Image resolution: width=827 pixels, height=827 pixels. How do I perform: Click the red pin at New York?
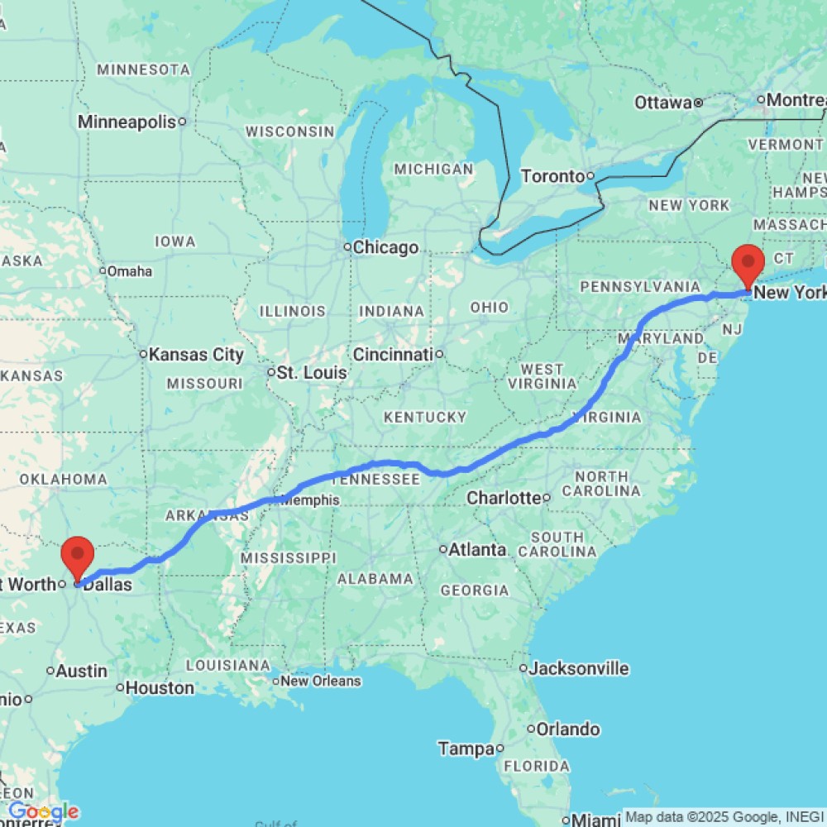pos(748,265)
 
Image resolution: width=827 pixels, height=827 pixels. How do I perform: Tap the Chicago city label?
pos(385,247)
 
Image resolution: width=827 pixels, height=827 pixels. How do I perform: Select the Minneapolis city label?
pos(127,122)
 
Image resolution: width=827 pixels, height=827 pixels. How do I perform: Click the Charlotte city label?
pos(504,498)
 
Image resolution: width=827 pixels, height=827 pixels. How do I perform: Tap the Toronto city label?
pos(552,176)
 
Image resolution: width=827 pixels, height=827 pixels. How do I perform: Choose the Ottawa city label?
pos(663,103)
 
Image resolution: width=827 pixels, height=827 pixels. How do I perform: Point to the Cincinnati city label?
pos(393,355)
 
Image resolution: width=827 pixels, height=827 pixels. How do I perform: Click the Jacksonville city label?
pos(579,668)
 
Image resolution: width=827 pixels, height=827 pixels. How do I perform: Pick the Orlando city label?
pos(567,729)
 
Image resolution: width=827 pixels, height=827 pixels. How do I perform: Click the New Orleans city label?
pos(321,681)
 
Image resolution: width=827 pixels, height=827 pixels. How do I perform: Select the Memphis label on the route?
pos(310,500)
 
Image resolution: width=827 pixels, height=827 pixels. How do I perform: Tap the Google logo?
pos(43,812)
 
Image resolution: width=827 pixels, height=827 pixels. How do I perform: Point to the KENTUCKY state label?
pos(425,417)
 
